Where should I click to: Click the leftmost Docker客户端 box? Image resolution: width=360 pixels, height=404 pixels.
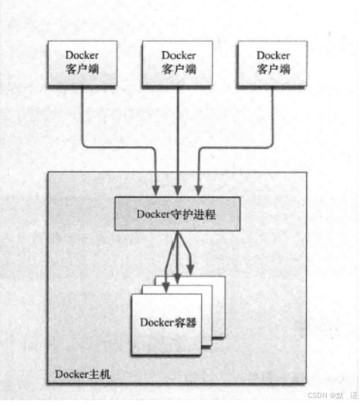click(82, 64)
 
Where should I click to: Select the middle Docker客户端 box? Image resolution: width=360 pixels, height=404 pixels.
click(178, 64)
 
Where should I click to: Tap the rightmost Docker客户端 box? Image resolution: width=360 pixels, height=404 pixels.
click(272, 64)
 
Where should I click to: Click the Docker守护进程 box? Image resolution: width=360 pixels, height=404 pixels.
click(178, 214)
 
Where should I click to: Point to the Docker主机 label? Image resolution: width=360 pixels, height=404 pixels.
click(83, 374)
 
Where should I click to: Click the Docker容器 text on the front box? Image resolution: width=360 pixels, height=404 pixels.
click(168, 322)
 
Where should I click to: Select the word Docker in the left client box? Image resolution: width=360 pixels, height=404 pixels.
click(82, 55)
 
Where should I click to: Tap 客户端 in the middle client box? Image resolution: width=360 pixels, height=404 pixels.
click(179, 69)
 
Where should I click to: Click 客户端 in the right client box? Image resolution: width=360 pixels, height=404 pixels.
click(274, 69)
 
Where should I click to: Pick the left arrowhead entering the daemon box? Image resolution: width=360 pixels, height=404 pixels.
click(156, 190)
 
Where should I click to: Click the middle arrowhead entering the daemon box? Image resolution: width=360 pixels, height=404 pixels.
click(178, 190)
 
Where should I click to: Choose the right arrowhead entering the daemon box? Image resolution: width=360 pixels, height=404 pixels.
click(198, 190)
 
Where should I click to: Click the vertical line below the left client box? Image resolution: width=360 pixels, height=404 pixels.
click(82, 115)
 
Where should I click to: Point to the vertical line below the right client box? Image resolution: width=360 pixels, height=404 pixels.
click(272, 115)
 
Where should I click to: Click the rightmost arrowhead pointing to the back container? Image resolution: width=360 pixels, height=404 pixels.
click(191, 269)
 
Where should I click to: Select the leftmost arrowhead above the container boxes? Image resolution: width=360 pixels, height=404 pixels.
click(166, 287)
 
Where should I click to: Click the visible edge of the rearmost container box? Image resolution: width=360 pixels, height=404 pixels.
click(225, 306)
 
